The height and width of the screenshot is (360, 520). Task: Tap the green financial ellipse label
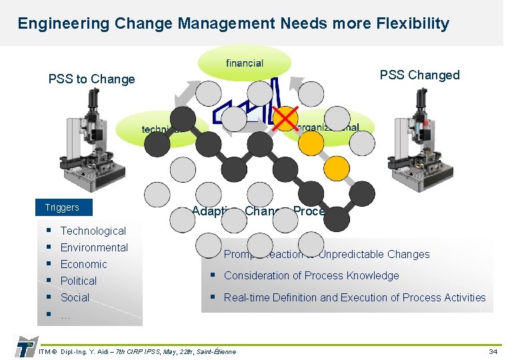(245, 63)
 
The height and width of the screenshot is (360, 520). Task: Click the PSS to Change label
(91, 79)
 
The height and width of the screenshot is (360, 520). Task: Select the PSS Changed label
(419, 75)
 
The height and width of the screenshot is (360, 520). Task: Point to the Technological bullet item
(93, 231)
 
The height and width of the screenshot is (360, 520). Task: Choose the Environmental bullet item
(94, 247)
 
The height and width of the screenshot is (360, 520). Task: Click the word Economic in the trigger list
(83, 264)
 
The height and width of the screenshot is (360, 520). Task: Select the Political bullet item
(78, 281)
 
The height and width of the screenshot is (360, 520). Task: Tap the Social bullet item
(75, 297)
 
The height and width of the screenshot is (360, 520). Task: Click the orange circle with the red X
(285, 119)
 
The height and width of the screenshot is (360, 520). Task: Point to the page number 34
(493, 351)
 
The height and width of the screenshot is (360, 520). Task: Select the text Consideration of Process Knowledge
(311, 275)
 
